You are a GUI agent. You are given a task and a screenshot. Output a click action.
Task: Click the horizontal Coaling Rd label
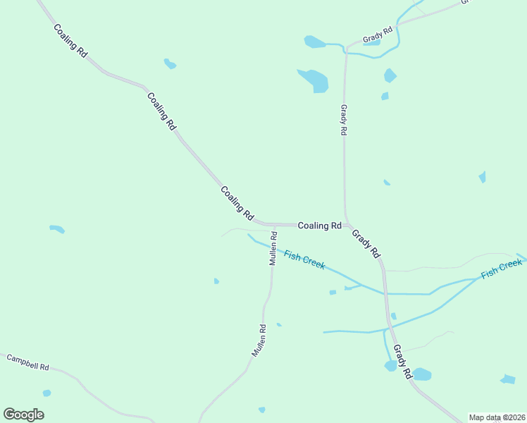click(x=319, y=226)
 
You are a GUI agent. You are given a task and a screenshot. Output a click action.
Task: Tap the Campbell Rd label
click(x=27, y=362)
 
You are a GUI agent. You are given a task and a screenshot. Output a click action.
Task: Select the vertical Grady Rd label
click(x=344, y=121)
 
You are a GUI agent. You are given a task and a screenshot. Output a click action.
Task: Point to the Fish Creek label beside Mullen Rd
click(x=304, y=259)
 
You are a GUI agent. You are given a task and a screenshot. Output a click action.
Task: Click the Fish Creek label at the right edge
click(x=502, y=269)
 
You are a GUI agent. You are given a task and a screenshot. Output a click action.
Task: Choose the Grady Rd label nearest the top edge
click(x=378, y=35)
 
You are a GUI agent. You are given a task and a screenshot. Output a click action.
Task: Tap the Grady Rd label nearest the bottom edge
click(x=402, y=362)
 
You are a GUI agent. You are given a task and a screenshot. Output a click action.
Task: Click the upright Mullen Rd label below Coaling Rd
click(x=273, y=248)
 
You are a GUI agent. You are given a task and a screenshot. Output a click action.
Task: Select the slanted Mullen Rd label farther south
click(x=259, y=339)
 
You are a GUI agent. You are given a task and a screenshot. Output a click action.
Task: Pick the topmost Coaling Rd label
click(x=70, y=41)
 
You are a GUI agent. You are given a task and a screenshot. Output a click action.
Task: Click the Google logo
click(x=23, y=415)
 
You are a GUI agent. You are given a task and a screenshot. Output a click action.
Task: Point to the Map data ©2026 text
click(x=497, y=417)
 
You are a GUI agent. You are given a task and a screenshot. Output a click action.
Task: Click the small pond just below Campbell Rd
click(x=46, y=393)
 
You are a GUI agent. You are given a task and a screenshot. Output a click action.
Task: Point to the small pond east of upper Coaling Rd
click(x=170, y=64)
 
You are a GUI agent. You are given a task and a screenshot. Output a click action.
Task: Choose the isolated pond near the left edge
click(x=57, y=229)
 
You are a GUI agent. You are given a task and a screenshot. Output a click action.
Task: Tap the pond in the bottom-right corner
click(x=507, y=379)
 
